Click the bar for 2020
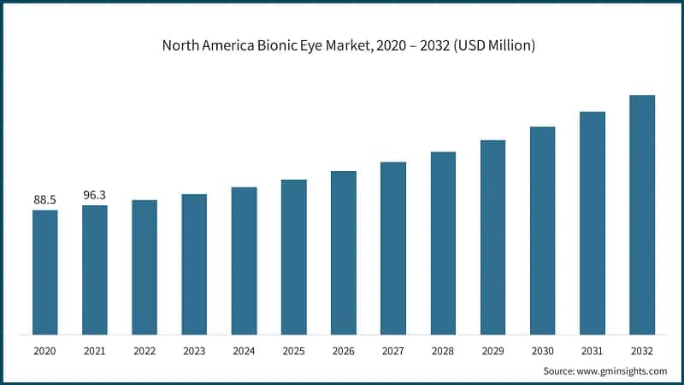pyautogui.click(x=45, y=272)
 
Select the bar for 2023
pyautogui.click(x=194, y=264)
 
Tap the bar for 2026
pyautogui.click(x=344, y=252)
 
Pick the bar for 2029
pyautogui.click(x=492, y=237)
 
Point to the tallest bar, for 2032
pyautogui.click(x=642, y=215)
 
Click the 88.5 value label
pyautogui.click(x=45, y=200)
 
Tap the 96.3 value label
pyautogui.click(x=95, y=195)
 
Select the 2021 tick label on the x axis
pyautogui.click(x=95, y=350)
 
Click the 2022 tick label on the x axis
pyautogui.click(x=144, y=350)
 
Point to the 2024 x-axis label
pyautogui.click(x=244, y=350)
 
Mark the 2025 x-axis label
pyautogui.click(x=294, y=350)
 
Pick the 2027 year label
pyautogui.click(x=393, y=350)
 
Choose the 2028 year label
pyautogui.click(x=443, y=350)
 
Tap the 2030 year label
pyautogui.click(x=542, y=350)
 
